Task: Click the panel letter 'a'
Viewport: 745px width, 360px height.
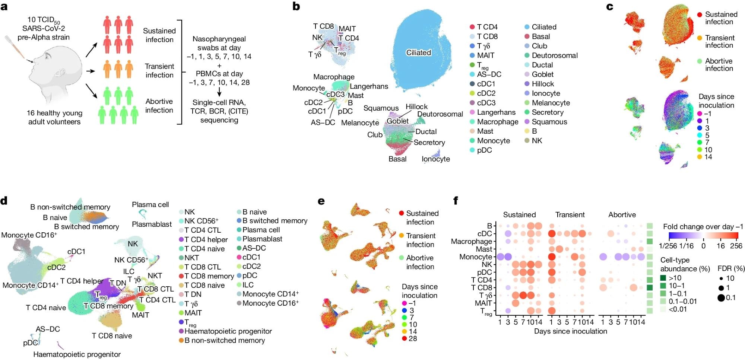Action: [4, 7]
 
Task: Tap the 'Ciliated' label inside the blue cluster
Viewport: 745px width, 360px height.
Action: [418, 53]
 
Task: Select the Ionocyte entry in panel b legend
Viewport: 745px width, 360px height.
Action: [546, 93]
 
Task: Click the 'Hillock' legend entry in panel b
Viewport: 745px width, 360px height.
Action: [543, 84]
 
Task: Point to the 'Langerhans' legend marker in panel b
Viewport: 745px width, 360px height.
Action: [472, 112]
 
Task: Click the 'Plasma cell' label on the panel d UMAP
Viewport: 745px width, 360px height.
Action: [150, 205]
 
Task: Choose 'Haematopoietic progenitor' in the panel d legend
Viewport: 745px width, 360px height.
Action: [228, 331]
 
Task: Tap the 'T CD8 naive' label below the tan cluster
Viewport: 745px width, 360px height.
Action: [112, 336]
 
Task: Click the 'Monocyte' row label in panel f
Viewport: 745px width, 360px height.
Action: [476, 257]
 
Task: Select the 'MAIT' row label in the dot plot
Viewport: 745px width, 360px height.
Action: [484, 303]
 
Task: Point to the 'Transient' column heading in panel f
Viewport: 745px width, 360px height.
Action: [570, 215]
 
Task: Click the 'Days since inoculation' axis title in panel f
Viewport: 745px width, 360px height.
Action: [570, 331]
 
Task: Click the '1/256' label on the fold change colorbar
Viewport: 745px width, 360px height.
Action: [667, 246]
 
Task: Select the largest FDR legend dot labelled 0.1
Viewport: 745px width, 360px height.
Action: [721, 297]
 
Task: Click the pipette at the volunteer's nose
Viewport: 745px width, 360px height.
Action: [17, 48]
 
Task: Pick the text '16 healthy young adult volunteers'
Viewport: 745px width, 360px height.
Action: [54, 117]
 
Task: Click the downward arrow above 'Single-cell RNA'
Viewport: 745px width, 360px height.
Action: [219, 92]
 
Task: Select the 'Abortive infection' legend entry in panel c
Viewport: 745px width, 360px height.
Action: [719, 65]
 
